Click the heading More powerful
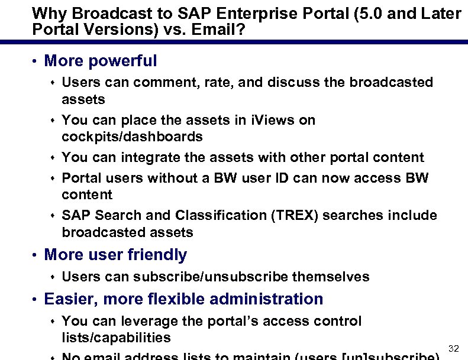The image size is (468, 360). tap(101, 61)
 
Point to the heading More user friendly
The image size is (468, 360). tap(115, 255)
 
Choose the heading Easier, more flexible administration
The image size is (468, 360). tap(183, 299)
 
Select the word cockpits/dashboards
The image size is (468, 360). tap(132, 137)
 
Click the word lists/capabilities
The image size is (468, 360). tap(116, 338)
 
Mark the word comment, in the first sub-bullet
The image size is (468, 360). tap(157, 82)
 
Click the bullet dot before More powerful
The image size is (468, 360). tap(35, 61)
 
